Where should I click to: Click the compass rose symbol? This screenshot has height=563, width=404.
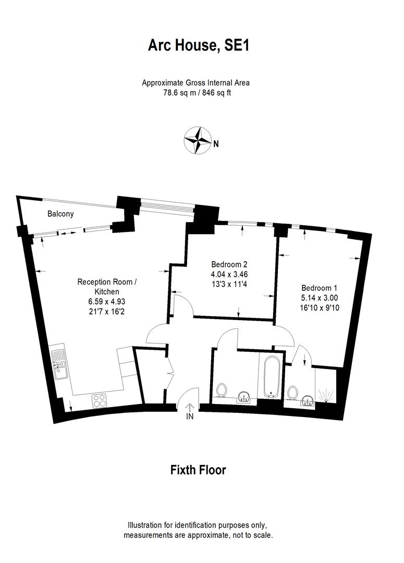point(197,140)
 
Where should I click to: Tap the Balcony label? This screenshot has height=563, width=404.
point(60,214)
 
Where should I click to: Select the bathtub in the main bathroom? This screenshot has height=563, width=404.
point(271,376)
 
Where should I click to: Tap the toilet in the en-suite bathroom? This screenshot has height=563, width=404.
point(292,392)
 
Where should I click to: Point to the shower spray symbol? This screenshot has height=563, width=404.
point(327,395)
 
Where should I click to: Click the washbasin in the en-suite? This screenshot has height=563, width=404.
point(307,400)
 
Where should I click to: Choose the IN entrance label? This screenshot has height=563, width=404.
point(190,417)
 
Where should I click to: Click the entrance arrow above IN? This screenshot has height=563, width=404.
point(190,406)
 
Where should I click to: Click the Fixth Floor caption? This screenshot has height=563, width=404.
point(198,470)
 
